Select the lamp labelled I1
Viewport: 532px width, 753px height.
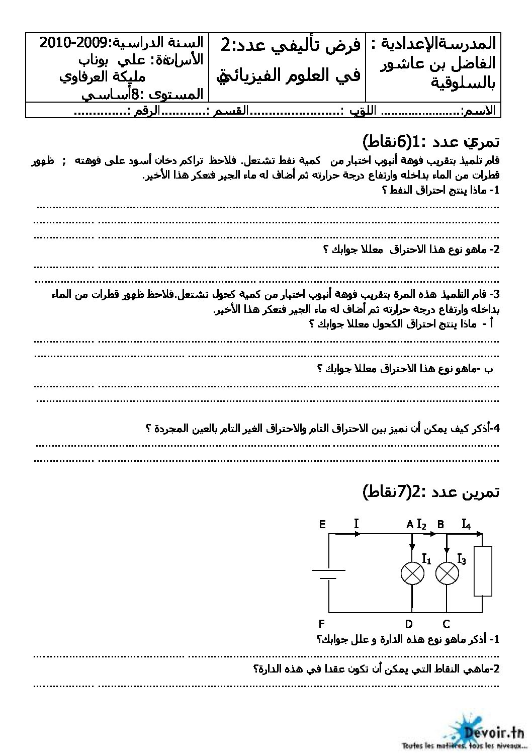click(412, 573)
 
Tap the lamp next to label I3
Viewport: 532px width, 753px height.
click(447, 573)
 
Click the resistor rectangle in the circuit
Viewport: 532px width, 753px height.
click(483, 572)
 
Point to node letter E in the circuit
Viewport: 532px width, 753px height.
click(322, 525)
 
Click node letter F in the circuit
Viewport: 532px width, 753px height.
click(322, 624)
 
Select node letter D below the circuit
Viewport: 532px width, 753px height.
click(409, 624)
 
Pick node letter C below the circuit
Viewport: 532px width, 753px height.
click(446, 624)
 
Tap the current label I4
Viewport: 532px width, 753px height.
click(466, 525)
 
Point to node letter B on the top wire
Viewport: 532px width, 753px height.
click(440, 525)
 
